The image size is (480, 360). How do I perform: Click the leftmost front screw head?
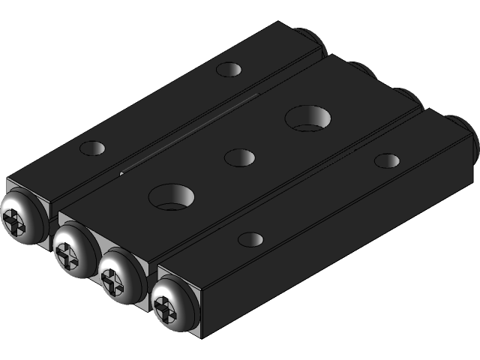[22, 218]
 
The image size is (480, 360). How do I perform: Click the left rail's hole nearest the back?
[229, 70]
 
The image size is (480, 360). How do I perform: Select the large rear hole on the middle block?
[308, 118]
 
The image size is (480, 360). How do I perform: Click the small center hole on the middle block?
[239, 157]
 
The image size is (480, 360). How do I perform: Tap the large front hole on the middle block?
[172, 197]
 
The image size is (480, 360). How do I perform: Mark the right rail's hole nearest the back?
[387, 160]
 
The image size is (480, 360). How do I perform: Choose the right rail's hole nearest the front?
[250, 240]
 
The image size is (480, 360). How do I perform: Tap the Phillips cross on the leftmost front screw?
[16, 222]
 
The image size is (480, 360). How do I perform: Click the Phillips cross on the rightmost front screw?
[163, 306]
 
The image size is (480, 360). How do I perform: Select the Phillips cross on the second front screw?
[66, 254]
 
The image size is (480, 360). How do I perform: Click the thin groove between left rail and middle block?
[187, 132]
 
